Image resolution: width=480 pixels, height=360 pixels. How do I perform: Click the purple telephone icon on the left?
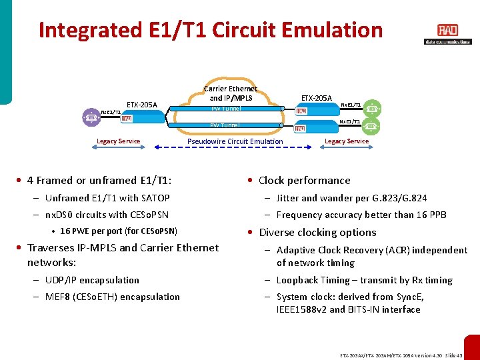tap(91, 117)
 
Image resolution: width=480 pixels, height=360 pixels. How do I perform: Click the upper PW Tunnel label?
tap(225, 109)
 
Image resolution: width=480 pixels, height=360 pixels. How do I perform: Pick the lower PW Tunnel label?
tap(225, 125)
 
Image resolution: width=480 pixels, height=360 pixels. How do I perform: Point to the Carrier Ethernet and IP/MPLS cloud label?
tap(230, 93)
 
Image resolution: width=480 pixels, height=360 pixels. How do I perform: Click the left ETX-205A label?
tap(142, 105)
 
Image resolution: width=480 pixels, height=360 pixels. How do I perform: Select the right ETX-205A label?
tap(317, 98)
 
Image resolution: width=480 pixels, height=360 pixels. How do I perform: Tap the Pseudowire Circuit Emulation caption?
tap(235, 141)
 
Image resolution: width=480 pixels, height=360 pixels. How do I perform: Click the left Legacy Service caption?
tap(118, 141)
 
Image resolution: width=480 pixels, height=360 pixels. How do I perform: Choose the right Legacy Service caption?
tap(346, 141)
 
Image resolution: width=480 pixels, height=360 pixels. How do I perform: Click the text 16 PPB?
tap(433, 215)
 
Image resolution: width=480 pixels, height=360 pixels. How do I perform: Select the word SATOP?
tap(155, 198)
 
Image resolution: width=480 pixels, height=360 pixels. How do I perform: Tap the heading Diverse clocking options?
tap(317, 233)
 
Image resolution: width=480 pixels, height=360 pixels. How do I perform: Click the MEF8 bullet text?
tap(113, 297)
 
